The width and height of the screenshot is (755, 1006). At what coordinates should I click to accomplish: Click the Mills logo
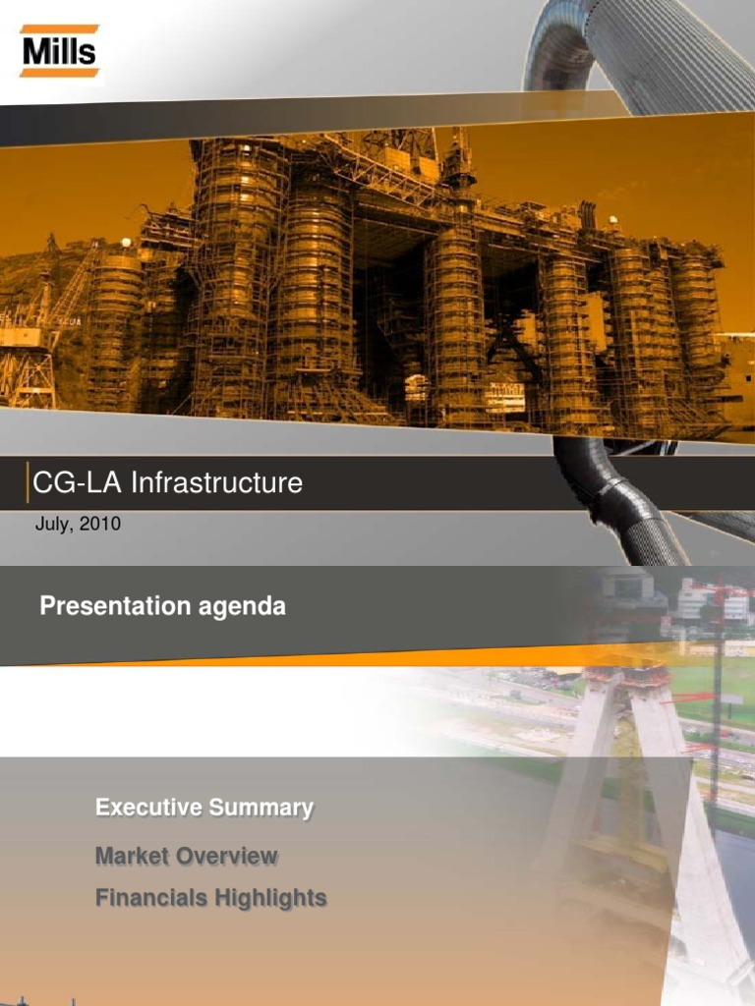(x=59, y=51)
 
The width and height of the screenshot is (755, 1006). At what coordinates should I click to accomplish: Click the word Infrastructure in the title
(x=216, y=482)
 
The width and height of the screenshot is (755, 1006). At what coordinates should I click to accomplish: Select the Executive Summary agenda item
(x=204, y=808)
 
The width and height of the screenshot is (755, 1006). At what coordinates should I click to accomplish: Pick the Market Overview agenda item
(x=186, y=856)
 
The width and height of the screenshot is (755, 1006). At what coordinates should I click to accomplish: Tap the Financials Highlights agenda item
(x=210, y=898)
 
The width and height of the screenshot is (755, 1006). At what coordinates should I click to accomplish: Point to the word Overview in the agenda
(x=227, y=856)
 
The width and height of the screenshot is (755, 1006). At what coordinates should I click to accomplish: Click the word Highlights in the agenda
(x=270, y=899)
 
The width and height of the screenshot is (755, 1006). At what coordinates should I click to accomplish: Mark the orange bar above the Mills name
(x=59, y=28)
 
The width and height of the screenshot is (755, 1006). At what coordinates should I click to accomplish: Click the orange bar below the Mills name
(x=59, y=73)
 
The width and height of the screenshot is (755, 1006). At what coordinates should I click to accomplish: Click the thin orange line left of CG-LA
(x=28, y=482)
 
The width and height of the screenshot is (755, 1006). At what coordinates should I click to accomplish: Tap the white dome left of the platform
(x=126, y=244)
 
